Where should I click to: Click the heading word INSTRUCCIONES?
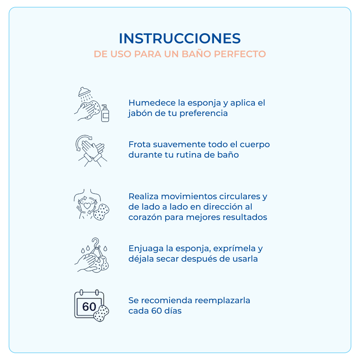(180, 38)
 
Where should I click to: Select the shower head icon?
(84, 92)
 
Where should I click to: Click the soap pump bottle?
(105, 113)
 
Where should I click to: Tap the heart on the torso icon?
(87, 206)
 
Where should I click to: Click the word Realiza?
(143, 196)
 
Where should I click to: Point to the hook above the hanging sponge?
(96, 242)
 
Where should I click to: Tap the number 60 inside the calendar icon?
(89, 307)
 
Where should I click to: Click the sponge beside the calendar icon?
(101, 313)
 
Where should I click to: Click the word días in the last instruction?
(173, 311)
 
